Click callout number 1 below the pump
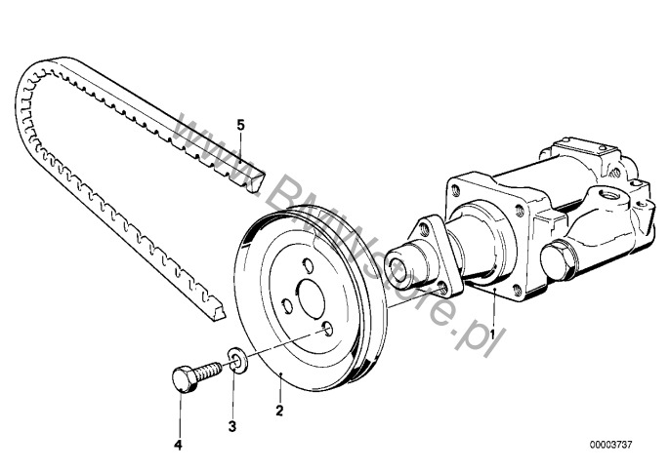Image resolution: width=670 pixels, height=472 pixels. tap(492, 334)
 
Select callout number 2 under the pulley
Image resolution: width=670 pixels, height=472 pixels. tap(279, 411)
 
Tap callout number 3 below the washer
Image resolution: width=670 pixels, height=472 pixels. tap(232, 426)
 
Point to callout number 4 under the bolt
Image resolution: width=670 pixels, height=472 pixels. tap(178, 445)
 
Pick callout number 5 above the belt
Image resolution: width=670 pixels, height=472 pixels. tap(240, 125)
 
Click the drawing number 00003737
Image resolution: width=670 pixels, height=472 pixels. tap(610, 445)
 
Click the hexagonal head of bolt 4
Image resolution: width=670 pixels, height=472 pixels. tap(184, 378)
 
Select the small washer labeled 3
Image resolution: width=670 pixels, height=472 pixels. tap(236, 361)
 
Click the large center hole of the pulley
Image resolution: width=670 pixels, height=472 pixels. tap(312, 298)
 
